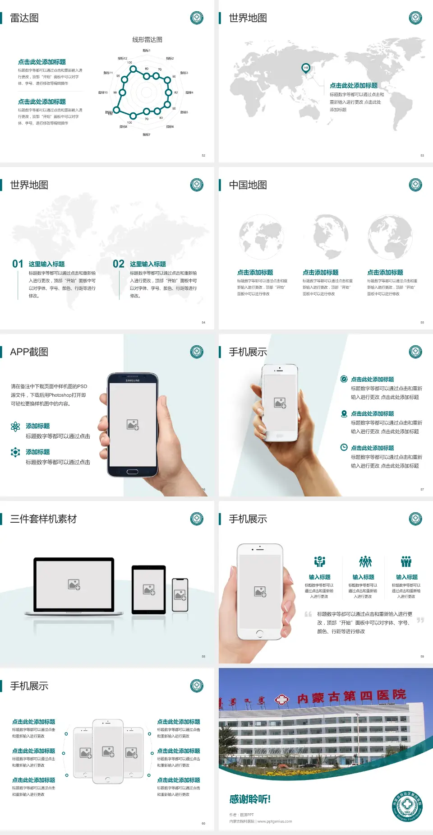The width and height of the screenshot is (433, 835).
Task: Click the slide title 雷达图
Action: point(24,18)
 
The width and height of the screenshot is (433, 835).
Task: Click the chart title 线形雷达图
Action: point(147,40)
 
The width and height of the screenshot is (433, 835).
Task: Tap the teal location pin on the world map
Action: point(306,68)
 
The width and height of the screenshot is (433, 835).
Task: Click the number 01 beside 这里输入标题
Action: point(18,264)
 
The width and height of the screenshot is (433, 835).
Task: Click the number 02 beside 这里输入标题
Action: point(119,264)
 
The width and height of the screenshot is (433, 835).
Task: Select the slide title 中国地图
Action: point(248,185)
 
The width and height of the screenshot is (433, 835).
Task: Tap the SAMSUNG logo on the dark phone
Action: point(133,380)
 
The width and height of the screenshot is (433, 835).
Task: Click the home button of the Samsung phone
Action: point(132,472)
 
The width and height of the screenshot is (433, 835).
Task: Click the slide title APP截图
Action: point(29,352)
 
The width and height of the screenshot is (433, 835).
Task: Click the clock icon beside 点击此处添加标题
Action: point(344,447)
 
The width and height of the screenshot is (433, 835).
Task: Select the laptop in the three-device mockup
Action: point(74,586)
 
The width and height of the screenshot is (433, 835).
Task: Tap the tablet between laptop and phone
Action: point(149,589)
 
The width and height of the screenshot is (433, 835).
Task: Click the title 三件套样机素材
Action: point(43,519)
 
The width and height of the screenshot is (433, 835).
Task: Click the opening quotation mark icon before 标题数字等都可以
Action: point(308,614)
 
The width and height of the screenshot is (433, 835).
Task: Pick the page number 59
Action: point(422,656)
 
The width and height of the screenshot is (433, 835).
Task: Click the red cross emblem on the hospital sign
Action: point(282,700)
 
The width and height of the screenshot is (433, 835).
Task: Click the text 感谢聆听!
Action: point(250,799)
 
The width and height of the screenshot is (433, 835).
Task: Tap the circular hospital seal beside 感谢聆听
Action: point(407,807)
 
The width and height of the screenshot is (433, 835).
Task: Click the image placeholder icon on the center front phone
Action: point(108,751)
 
